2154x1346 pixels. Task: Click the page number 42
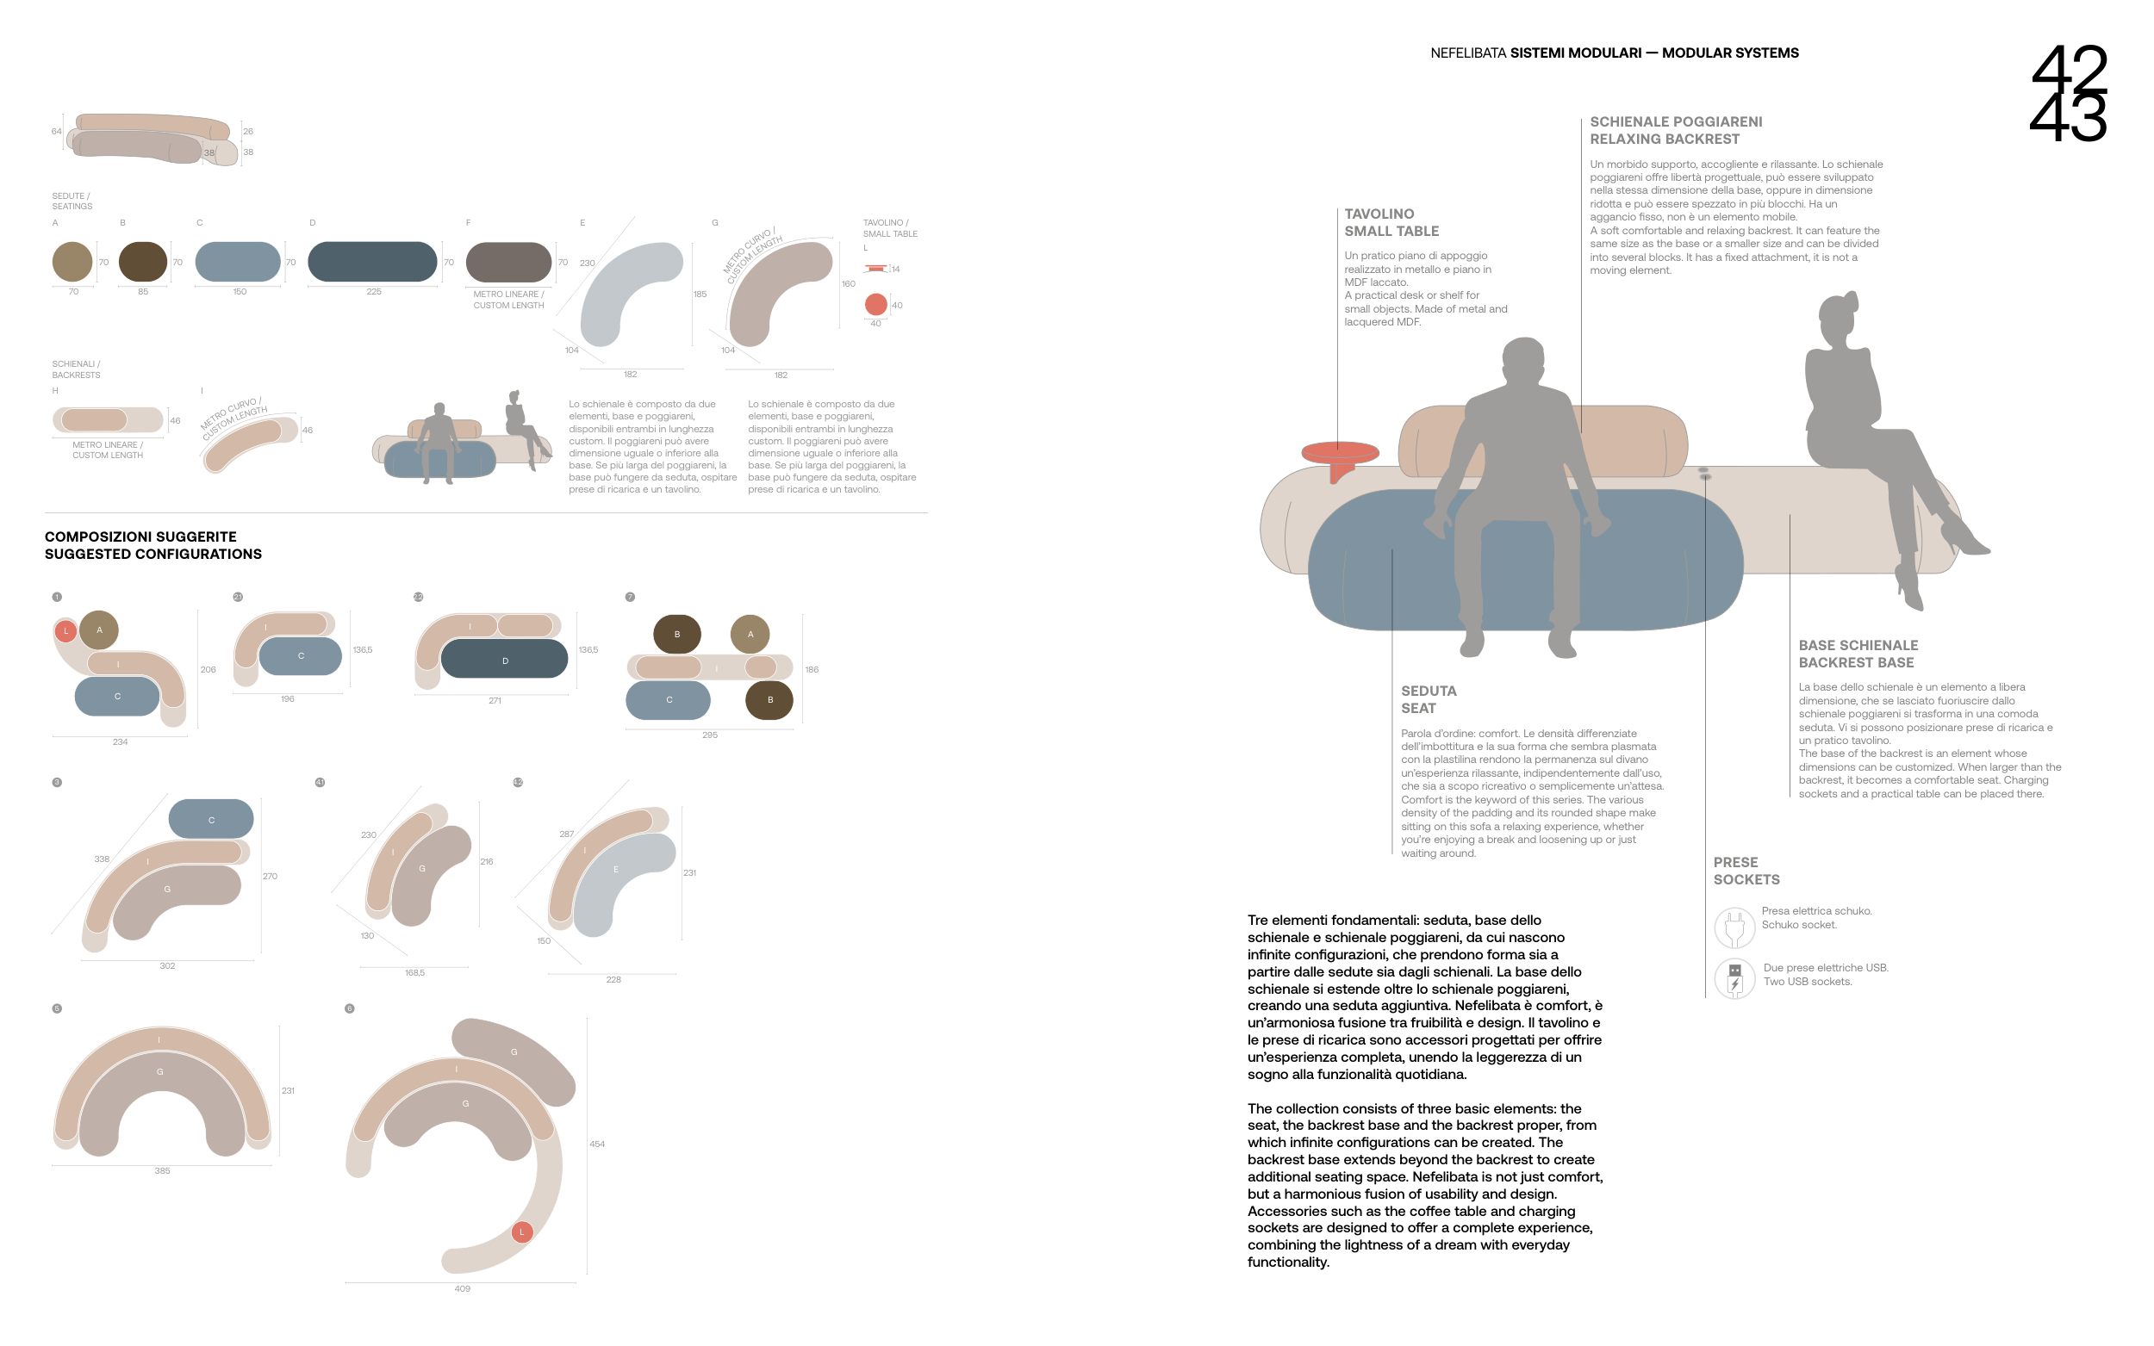(2068, 67)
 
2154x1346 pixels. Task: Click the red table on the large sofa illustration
(1339, 452)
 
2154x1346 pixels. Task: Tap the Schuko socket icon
(1734, 927)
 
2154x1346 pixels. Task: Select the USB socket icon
(1734, 977)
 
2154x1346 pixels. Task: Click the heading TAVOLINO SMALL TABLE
(1391, 222)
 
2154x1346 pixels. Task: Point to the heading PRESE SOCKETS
(1746, 871)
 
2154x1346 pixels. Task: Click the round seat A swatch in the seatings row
(72, 262)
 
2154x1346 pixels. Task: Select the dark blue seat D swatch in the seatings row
(372, 262)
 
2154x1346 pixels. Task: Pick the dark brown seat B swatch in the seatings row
(142, 262)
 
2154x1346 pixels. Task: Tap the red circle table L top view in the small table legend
(875, 305)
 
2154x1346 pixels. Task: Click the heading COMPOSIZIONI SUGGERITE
(140, 537)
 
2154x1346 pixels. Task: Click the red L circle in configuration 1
(65, 631)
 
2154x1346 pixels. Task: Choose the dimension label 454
(596, 1144)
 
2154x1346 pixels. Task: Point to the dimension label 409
(461, 1288)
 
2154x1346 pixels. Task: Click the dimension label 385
(162, 1170)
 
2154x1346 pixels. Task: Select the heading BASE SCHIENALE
(1858, 645)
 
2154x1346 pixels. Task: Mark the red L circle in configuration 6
(522, 1232)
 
